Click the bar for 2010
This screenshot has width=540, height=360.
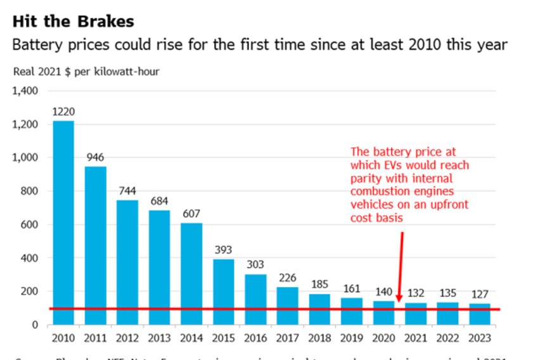click(x=63, y=222)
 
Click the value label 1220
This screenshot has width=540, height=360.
click(x=63, y=111)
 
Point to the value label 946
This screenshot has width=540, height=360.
click(x=95, y=157)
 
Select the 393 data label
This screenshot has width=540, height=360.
click(x=223, y=249)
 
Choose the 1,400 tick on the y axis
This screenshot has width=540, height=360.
click(x=26, y=91)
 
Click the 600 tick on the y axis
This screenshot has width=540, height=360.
click(x=30, y=224)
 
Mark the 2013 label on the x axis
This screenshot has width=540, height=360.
click(x=159, y=338)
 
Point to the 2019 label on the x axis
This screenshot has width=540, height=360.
click(x=351, y=338)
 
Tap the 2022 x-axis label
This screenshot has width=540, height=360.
click(x=447, y=338)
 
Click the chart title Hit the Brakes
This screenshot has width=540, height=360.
click(x=74, y=21)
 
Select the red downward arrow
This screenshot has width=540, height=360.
click(x=401, y=266)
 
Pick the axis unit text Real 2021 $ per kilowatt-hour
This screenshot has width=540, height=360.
click(x=86, y=72)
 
